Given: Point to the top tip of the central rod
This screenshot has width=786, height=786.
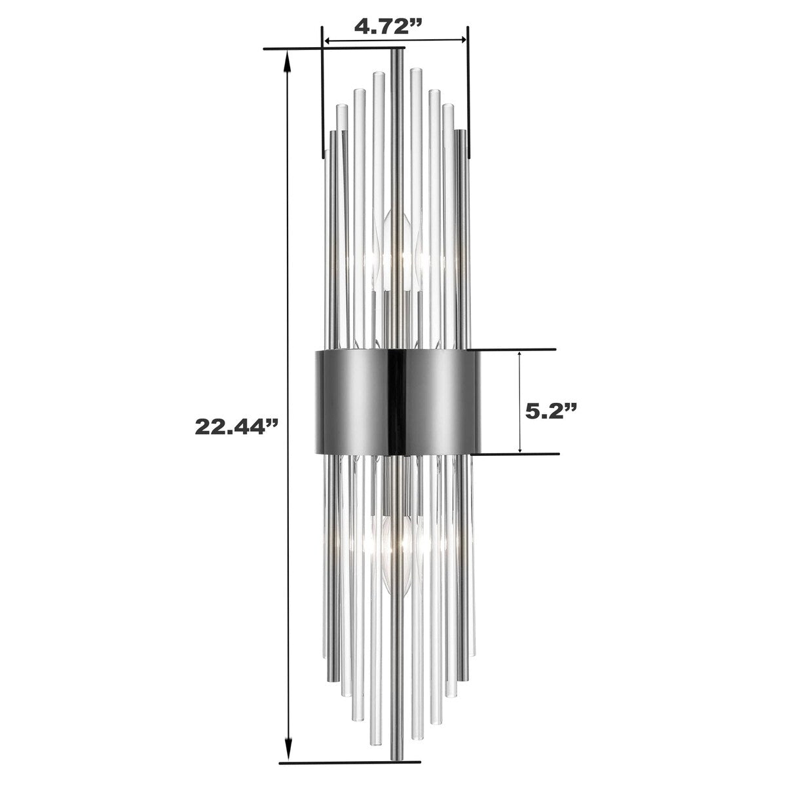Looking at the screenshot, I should point(396,51).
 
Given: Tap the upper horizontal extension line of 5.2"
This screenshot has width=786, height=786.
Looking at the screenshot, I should point(517,349).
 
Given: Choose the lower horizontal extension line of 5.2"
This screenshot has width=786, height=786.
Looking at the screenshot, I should point(517,454).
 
